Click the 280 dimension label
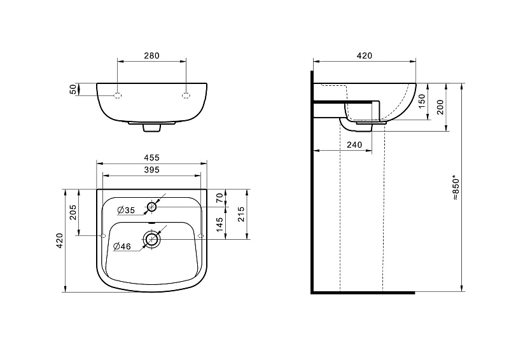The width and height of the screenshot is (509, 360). pos(151,56)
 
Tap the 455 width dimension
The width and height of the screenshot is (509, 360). pos(151,158)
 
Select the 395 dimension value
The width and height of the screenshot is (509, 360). pos(151,170)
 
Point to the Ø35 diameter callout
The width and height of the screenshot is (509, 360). pos(126,211)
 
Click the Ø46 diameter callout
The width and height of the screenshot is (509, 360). pos(122,247)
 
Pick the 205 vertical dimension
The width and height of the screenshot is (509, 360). pos(73,212)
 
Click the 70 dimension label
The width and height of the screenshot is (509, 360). pos(220,198)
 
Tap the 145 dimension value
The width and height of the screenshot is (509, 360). pos(220,225)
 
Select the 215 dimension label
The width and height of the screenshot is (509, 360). pos(241,214)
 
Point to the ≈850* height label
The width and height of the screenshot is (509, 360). pos(456,189)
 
